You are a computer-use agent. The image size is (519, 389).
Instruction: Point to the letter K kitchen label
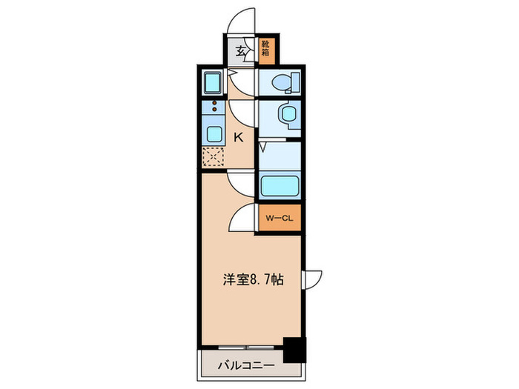239,137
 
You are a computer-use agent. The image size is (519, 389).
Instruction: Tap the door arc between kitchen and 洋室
241,182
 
